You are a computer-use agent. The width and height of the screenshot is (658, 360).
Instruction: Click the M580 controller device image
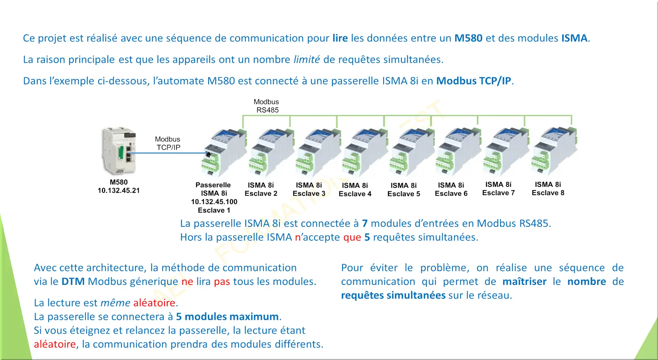[x=119, y=151]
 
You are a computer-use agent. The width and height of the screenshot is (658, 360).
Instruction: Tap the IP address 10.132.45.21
[x=119, y=190]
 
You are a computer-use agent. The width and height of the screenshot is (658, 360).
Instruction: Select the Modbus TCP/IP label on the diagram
[x=168, y=143]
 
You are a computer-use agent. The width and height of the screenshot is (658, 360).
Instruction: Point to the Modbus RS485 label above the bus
[x=266, y=106]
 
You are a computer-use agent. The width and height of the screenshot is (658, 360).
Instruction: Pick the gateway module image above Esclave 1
[x=224, y=152]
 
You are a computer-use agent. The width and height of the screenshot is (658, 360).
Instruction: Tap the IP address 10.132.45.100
[x=214, y=202]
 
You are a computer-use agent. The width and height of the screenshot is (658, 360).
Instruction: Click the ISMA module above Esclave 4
[x=365, y=152]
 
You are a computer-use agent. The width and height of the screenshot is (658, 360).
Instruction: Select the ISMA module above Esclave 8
[x=554, y=151]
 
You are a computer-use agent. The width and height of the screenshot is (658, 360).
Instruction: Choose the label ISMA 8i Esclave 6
[x=451, y=189]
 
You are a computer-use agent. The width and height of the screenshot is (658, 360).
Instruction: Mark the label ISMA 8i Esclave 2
[x=261, y=189]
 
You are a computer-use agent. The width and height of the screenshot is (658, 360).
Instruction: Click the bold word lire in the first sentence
[x=340, y=38]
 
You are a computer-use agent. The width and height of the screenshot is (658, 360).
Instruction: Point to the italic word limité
[x=307, y=59]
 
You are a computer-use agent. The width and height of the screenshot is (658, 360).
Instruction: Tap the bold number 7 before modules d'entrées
[x=365, y=223]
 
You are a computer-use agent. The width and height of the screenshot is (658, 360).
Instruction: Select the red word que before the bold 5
[x=352, y=237]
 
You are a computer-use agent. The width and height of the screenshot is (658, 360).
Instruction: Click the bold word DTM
[x=73, y=281]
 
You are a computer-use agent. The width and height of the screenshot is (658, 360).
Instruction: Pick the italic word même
[x=115, y=303]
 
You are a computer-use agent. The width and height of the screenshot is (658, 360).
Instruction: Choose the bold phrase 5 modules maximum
[x=227, y=317]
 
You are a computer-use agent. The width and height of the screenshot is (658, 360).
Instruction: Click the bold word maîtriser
[x=524, y=281]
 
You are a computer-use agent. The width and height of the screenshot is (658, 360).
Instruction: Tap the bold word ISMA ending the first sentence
[x=574, y=38]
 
